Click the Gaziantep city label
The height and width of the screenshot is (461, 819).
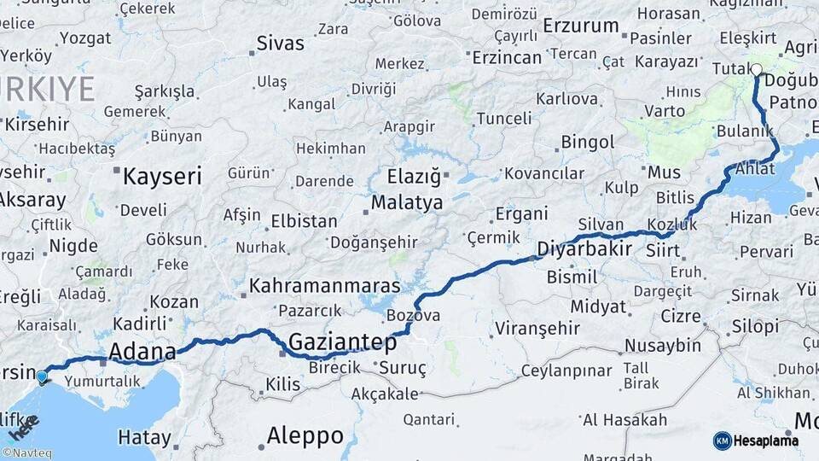tap(342, 343)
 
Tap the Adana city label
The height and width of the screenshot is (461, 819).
tap(142, 351)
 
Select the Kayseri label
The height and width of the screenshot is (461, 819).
tap(162, 178)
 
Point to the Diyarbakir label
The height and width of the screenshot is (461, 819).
tap(584, 249)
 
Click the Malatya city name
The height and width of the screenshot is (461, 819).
tap(406, 203)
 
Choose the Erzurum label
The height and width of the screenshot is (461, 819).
tap(580, 26)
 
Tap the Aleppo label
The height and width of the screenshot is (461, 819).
tap(305, 435)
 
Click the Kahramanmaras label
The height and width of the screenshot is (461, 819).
tap(325, 285)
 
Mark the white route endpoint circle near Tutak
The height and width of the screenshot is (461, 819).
tap(756, 70)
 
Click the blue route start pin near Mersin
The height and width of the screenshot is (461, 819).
tap(42, 376)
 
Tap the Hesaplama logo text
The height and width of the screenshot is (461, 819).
tap(765, 441)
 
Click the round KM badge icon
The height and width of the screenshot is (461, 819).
tap(722, 441)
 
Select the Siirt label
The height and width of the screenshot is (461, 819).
tap(663, 251)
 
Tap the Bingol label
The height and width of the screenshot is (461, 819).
tap(588, 142)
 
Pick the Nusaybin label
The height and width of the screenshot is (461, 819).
tap(662, 346)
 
